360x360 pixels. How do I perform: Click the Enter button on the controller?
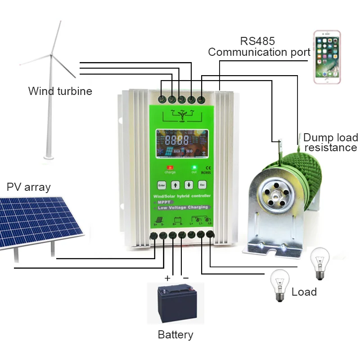pyautogui.click(x=161, y=184)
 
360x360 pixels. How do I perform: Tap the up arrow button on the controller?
pyautogui.click(x=175, y=184)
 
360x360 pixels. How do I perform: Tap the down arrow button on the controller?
pyautogui.click(x=189, y=184)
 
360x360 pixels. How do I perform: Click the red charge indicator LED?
pyautogui.click(x=170, y=167)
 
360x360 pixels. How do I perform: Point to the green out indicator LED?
pyautogui.click(x=194, y=167)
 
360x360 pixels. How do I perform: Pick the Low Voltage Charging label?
pyautogui.click(x=182, y=207)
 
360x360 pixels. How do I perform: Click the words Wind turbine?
pyautogui.click(x=60, y=91)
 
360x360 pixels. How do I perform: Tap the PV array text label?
pyautogui.click(x=29, y=187)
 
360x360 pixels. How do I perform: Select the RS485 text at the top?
pyautogui.click(x=257, y=41)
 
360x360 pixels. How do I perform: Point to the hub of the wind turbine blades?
pyautogui.click(x=51, y=55)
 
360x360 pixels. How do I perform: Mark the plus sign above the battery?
pyautogui.click(x=167, y=278)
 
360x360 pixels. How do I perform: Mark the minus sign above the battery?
pyautogui.click(x=185, y=278)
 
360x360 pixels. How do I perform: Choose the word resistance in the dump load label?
pyautogui.click(x=330, y=148)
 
